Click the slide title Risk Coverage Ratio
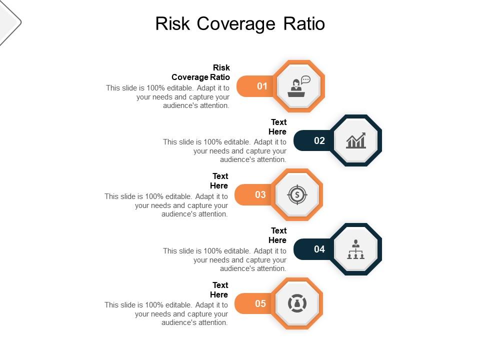tap(240, 24)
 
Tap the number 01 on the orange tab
tap(262, 86)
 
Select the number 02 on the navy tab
tap(319, 140)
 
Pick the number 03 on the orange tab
tap(260, 194)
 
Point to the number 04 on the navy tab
tap(319, 249)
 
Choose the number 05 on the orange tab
tap(260, 303)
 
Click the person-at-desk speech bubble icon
tap(299, 86)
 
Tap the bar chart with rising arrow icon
tap(356, 140)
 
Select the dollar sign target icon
tap(297, 194)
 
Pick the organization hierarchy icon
tap(356, 249)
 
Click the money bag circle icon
tap(297, 303)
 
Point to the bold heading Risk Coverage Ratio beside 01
tap(201, 72)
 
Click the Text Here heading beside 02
tap(278, 127)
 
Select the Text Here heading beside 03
tap(219, 181)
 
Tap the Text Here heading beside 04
tap(278, 235)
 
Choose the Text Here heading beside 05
tap(219, 290)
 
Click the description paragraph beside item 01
tap(168, 97)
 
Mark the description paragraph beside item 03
tap(167, 205)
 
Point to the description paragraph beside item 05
tap(167, 314)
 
